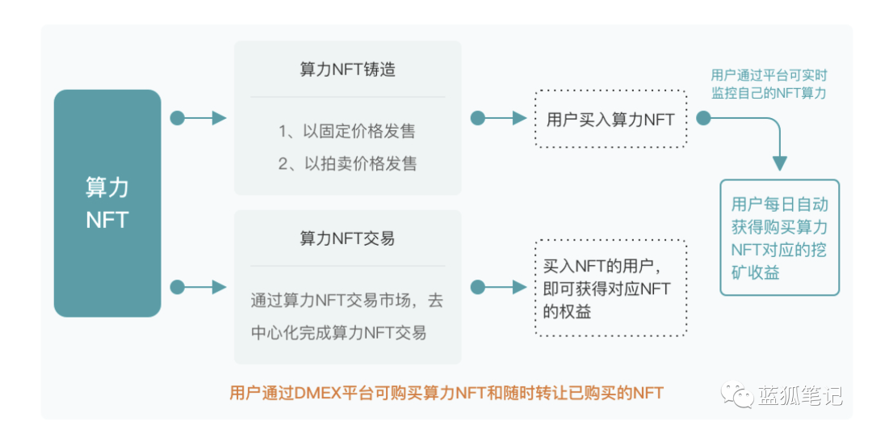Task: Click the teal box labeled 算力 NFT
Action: [107, 203]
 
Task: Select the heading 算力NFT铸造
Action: [347, 70]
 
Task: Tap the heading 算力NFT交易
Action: [347, 238]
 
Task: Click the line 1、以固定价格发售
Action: [347, 131]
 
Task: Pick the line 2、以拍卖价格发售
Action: [347, 163]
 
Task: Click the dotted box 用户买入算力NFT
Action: [610, 119]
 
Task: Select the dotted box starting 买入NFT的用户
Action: [610, 288]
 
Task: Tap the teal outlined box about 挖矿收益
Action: [779, 238]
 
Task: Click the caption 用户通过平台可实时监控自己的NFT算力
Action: [769, 84]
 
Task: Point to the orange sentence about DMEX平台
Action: [446, 394]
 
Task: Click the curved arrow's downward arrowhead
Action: [779, 162]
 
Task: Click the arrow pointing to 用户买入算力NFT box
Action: [500, 119]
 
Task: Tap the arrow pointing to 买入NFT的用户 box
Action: [500, 287]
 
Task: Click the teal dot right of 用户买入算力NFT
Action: [703, 119]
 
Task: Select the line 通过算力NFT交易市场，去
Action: [347, 301]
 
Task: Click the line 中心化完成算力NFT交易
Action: [339, 332]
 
